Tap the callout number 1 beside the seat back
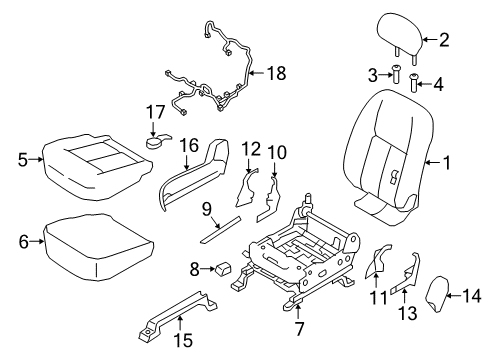(445, 159)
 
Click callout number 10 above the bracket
(276, 152)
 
